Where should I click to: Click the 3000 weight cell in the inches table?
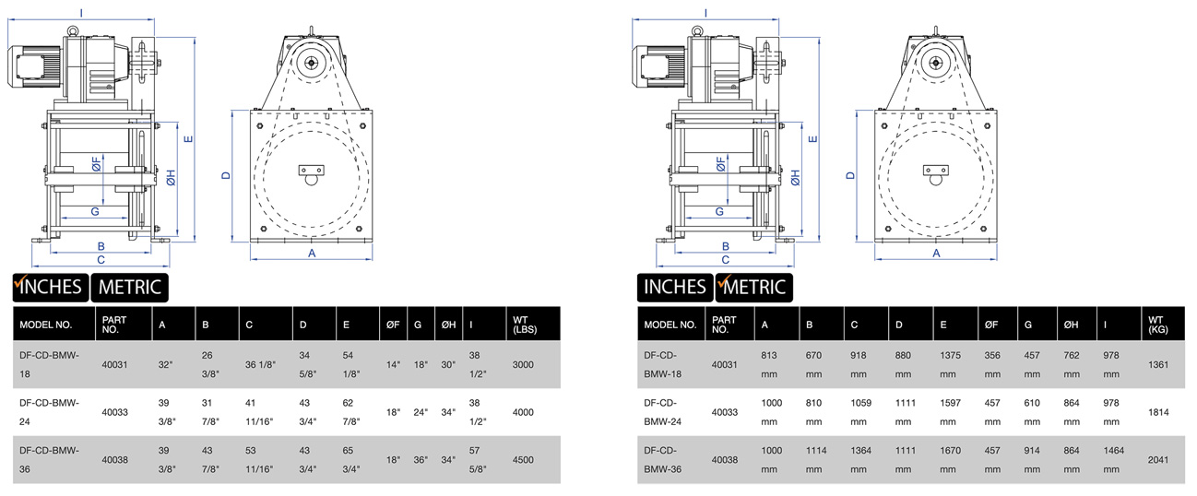(x=523, y=364)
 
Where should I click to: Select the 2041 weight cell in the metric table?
(x=1159, y=458)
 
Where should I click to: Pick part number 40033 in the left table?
(x=114, y=412)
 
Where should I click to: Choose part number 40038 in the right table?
(x=725, y=458)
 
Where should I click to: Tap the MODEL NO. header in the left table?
(x=45, y=325)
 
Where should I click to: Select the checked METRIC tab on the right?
(x=753, y=287)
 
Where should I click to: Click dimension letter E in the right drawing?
(x=812, y=140)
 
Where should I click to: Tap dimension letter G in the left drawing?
(x=95, y=212)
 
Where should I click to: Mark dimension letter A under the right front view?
(x=936, y=252)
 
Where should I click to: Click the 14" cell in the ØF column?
(x=392, y=364)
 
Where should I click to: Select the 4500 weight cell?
(x=523, y=458)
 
